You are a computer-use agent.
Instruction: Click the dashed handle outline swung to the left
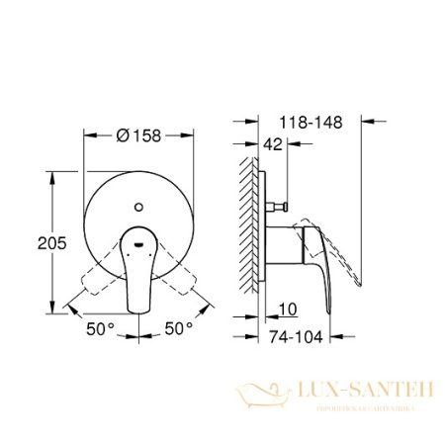(96, 277)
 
